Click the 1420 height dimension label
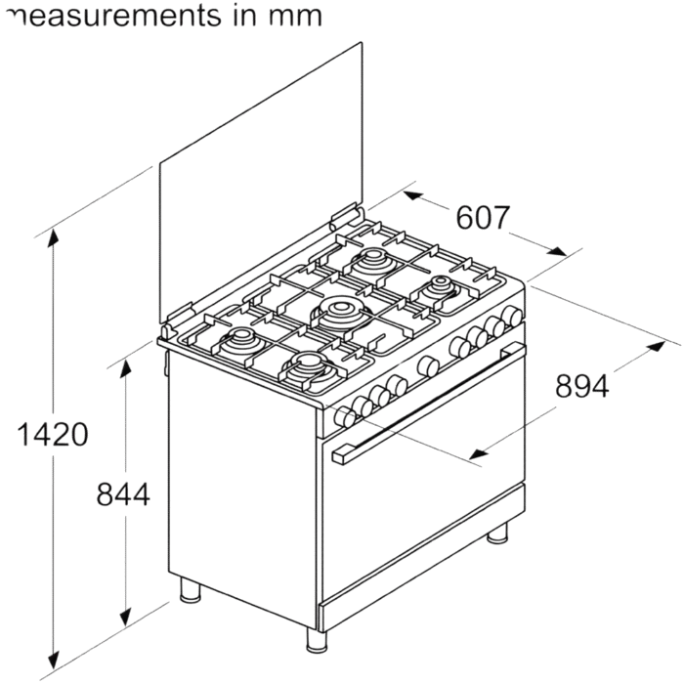point(53,435)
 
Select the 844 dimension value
point(123,494)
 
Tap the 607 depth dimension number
point(483,218)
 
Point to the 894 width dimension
point(582,386)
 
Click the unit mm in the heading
point(296,17)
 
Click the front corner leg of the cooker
point(317,640)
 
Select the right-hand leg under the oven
point(497,533)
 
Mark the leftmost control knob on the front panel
point(345,417)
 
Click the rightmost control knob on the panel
point(511,315)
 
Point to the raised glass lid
point(261,184)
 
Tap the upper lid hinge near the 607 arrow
point(346,217)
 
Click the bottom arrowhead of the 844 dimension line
point(126,616)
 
